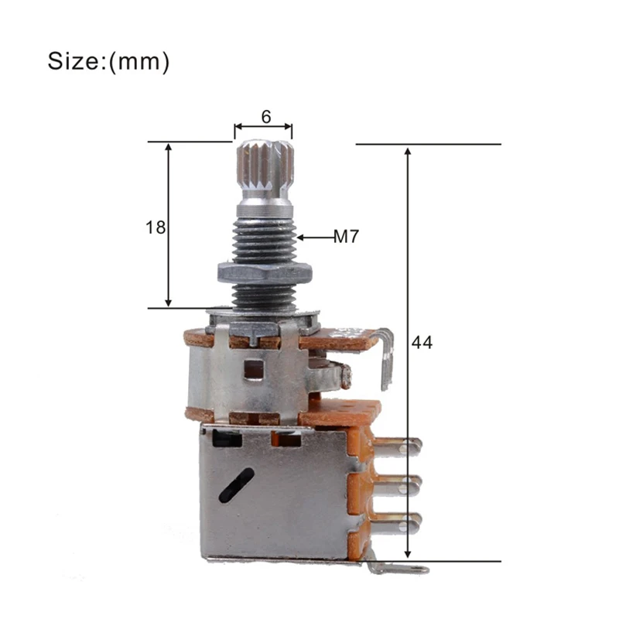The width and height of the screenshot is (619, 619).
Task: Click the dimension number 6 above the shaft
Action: [265, 117]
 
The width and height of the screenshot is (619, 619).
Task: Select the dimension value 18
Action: [156, 227]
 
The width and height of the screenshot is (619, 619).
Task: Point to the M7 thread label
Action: [346, 238]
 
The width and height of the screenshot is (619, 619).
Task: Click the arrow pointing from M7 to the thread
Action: [314, 238]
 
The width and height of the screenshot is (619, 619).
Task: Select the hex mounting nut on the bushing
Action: [264, 272]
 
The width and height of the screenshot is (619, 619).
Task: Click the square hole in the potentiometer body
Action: [252, 370]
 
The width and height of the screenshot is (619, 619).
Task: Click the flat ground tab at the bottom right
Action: [398, 569]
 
